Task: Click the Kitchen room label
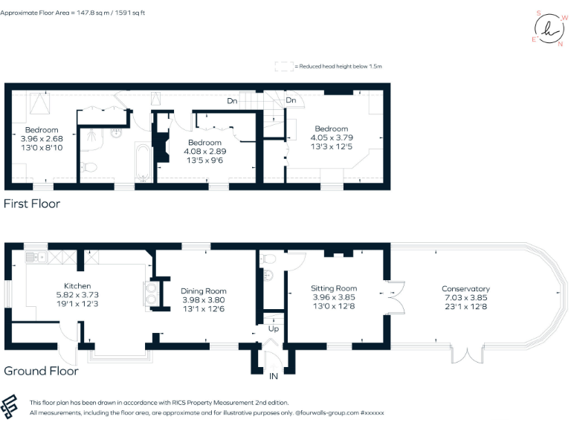click(x=77, y=286)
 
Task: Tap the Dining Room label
click(x=204, y=291)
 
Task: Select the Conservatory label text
click(x=465, y=289)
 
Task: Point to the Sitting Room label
click(x=333, y=288)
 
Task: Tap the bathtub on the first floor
click(x=143, y=163)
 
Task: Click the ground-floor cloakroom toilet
click(x=269, y=259)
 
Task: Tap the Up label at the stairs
click(x=273, y=328)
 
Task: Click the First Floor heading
click(x=32, y=204)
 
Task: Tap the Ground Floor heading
click(x=41, y=371)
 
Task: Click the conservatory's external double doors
click(x=466, y=354)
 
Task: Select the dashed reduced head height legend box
click(x=283, y=66)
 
